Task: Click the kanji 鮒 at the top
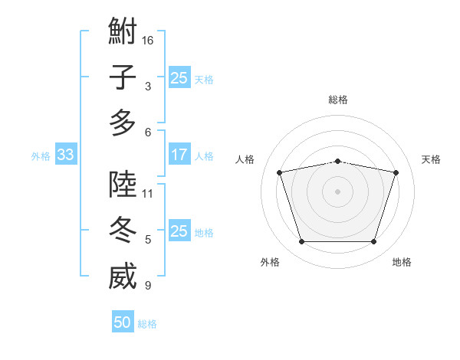pos(123,31)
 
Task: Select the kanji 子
pos(123,77)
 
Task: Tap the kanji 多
pos(123,123)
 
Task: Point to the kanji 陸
pos(123,184)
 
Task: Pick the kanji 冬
pos(123,230)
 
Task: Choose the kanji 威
pos(123,276)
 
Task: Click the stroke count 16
pos(147,41)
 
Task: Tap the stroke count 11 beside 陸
pos(147,194)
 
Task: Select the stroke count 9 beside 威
pos(148,285)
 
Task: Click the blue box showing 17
pos(179,154)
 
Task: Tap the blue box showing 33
pos(66,154)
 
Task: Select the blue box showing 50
pos(123,321)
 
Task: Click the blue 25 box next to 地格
pos(179,230)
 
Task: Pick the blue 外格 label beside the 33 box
pos(41,156)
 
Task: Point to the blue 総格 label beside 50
pos(147,324)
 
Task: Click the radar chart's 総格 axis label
pos(338,100)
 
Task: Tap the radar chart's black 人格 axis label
pos(245,159)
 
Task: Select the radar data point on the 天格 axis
pos(396,172)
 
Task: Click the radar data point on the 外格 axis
pos(302,242)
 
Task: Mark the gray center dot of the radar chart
pos(337,191)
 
